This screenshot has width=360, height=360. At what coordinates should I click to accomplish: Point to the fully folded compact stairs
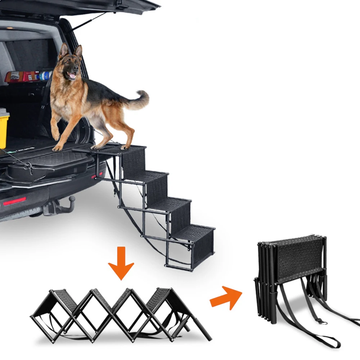click(x=292, y=277)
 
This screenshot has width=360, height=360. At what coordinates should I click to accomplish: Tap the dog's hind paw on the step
click(x=125, y=147)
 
